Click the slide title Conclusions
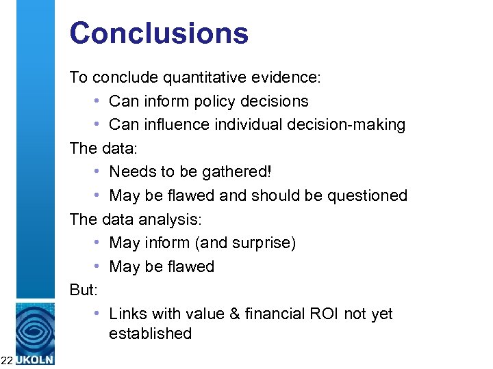159,33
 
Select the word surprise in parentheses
264,243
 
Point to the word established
150,334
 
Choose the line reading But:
84,290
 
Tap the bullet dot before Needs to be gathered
98,172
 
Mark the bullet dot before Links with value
98,314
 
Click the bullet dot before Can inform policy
98,102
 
